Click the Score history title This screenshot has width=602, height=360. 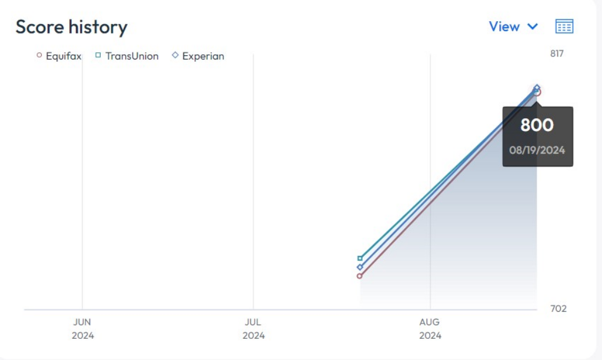[71, 27]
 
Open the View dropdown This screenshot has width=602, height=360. [513, 26]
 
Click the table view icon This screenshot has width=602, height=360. [564, 26]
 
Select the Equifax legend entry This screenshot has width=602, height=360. [59, 56]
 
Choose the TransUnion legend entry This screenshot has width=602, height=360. [127, 56]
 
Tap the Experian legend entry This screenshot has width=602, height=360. [198, 56]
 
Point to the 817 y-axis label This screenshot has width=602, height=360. [557, 54]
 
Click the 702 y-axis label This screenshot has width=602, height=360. [558, 308]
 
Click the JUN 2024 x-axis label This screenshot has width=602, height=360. [82, 329]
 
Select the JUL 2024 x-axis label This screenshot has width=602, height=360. [253, 329]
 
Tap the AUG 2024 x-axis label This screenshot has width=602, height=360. [430, 329]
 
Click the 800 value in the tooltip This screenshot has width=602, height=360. [537, 125]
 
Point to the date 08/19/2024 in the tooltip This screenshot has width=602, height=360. [537, 150]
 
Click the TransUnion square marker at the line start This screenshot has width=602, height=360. [360, 258]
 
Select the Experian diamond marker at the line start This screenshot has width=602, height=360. [360, 267]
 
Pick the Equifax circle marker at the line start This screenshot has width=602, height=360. [359, 276]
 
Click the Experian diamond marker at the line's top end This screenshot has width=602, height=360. [537, 88]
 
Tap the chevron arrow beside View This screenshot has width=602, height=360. [533, 26]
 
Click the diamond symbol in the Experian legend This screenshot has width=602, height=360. [175, 55]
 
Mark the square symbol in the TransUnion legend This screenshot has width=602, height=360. [98, 55]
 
